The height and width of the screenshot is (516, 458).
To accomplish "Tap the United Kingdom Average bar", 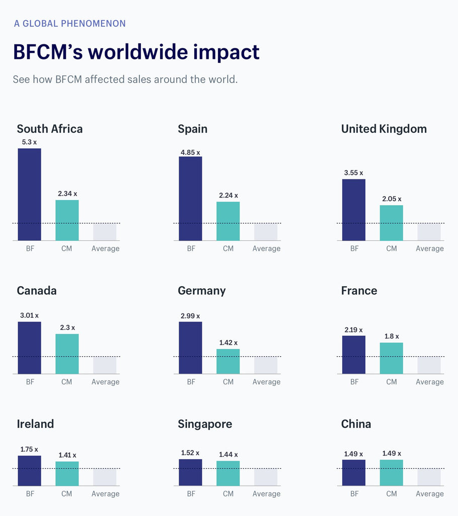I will tap(429, 232).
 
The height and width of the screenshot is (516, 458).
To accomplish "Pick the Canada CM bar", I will tap(67, 354).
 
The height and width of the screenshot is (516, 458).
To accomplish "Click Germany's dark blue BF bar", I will tap(190, 348).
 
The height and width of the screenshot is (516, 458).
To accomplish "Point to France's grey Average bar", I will tap(429, 365).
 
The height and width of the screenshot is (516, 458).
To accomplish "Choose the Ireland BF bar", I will tap(29, 471).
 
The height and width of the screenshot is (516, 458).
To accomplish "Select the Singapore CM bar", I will tap(228, 473).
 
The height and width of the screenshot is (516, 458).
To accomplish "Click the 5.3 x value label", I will tap(29, 142).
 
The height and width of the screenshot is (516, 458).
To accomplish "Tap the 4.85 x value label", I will tap(190, 152).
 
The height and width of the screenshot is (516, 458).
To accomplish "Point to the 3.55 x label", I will tap(354, 173).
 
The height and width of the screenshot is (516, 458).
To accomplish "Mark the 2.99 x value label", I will tap(190, 316).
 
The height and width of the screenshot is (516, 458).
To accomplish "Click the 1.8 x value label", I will tap(391, 336).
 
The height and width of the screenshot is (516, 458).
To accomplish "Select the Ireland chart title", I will tap(35, 424).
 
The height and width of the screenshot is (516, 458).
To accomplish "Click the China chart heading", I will tap(356, 424).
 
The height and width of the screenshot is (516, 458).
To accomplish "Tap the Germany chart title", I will tap(201, 291).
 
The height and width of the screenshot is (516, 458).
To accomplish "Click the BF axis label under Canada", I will tap(30, 382).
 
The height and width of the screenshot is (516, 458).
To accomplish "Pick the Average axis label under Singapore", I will tap(266, 494).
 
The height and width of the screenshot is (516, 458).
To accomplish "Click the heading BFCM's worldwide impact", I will tap(136, 52).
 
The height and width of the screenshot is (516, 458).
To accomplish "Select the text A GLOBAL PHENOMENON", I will tap(70, 24).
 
